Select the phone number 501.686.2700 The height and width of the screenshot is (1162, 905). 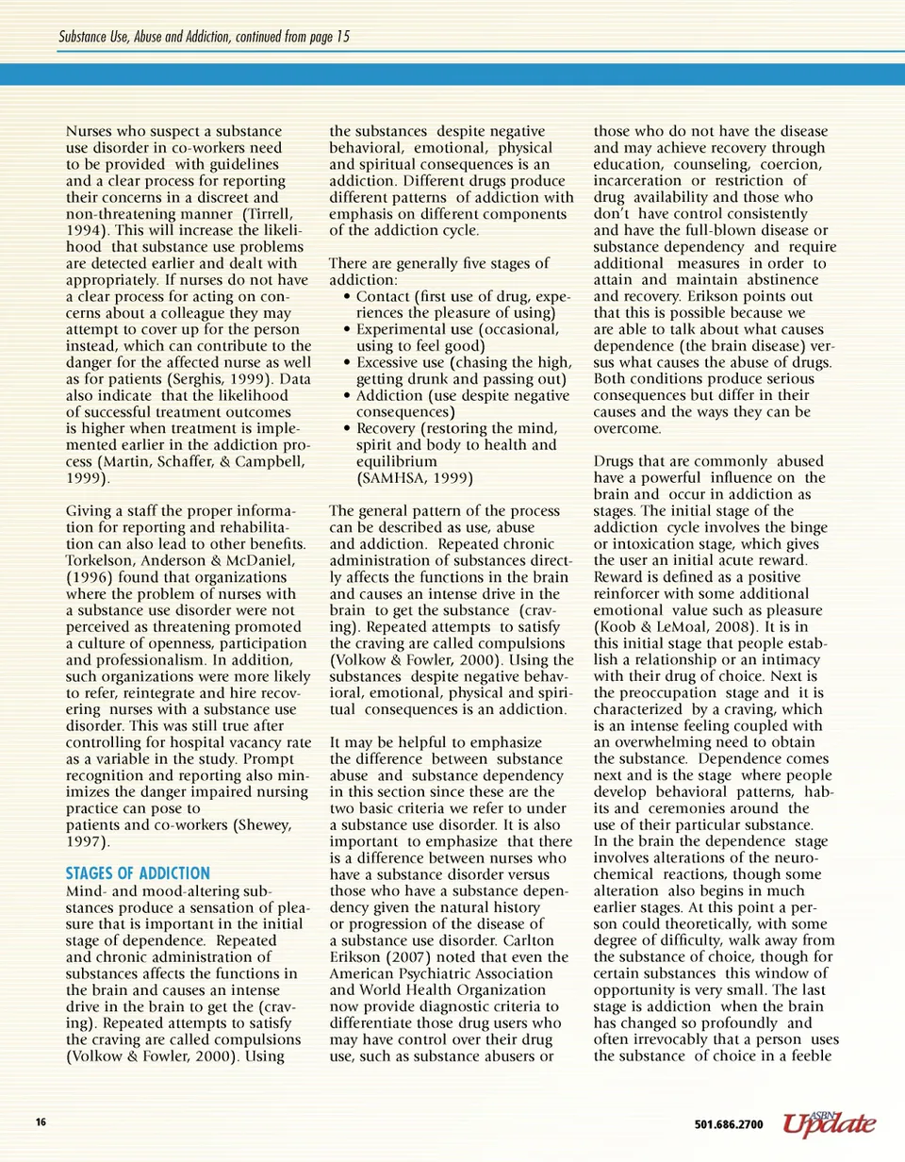coord(728,1124)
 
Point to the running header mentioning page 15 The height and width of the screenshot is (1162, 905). coord(205,37)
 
